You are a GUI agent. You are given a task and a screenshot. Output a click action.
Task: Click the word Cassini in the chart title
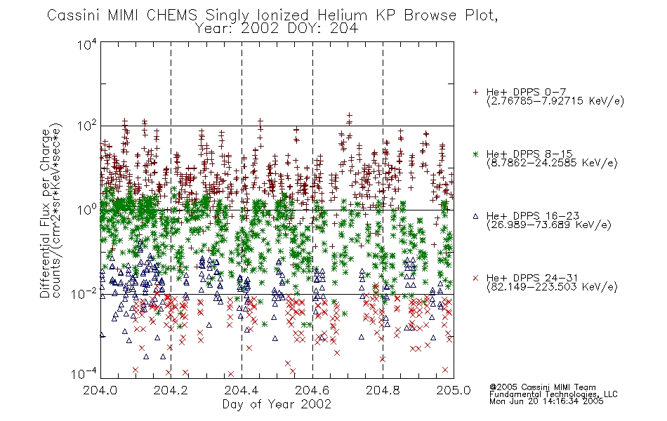[73, 15]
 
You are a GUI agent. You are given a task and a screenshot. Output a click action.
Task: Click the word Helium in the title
[342, 15]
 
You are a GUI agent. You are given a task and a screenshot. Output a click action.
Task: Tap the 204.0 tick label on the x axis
[100, 390]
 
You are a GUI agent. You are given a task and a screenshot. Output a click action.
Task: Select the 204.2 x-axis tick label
[171, 390]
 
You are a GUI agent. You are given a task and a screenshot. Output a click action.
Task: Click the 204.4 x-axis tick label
[242, 390]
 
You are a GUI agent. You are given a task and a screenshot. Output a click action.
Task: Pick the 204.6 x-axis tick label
[312, 390]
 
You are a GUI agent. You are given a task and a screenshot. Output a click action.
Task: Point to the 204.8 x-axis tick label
[383, 390]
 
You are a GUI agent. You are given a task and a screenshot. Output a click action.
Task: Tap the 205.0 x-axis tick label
[454, 390]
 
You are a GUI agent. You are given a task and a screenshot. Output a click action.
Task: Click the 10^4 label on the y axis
[87, 44]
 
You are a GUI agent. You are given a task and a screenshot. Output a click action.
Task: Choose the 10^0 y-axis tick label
[87, 210]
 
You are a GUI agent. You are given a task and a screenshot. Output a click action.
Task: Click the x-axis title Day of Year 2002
[277, 404]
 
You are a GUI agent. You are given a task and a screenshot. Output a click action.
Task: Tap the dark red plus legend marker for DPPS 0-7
[475, 92]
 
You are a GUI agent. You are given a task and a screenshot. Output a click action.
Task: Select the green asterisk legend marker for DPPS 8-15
[475, 154]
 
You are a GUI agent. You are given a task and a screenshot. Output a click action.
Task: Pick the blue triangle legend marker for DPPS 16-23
[475, 216]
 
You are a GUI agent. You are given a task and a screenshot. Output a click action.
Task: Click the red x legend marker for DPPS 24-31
[475, 278]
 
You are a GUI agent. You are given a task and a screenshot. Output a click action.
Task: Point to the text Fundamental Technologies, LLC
[553, 394]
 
